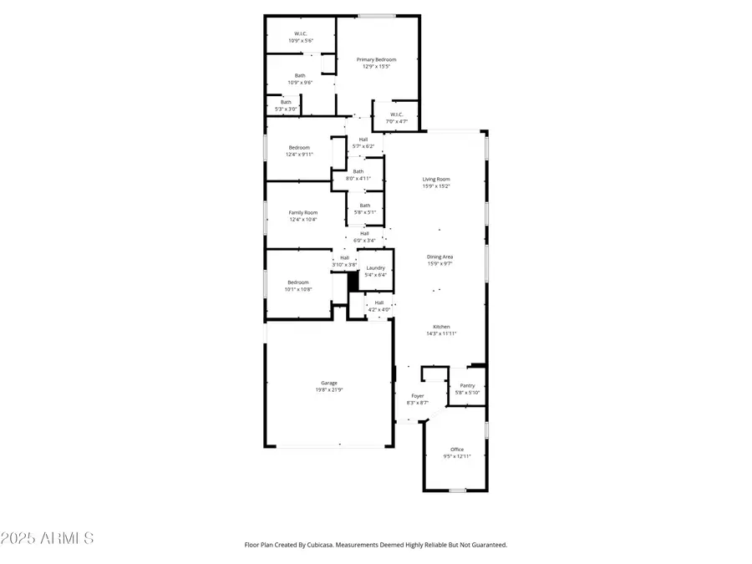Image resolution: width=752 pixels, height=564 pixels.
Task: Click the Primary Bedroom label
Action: (x=376, y=59)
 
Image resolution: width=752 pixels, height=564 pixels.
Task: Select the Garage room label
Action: (x=329, y=383)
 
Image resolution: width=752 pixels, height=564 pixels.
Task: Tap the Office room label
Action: (x=457, y=450)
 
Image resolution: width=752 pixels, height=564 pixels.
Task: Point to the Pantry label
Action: (x=467, y=385)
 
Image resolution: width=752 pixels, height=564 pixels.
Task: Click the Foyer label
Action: (x=417, y=396)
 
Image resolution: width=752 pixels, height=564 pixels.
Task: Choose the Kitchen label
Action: (x=441, y=327)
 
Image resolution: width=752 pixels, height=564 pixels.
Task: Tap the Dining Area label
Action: (x=440, y=257)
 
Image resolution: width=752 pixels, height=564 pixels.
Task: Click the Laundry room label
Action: (x=376, y=268)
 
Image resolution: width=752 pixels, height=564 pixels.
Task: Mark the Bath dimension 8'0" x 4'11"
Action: (x=358, y=178)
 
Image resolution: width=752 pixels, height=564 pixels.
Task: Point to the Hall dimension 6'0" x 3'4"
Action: (x=365, y=240)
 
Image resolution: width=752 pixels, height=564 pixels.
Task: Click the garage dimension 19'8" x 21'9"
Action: (x=329, y=389)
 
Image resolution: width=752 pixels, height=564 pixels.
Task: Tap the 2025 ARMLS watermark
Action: (x=48, y=538)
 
